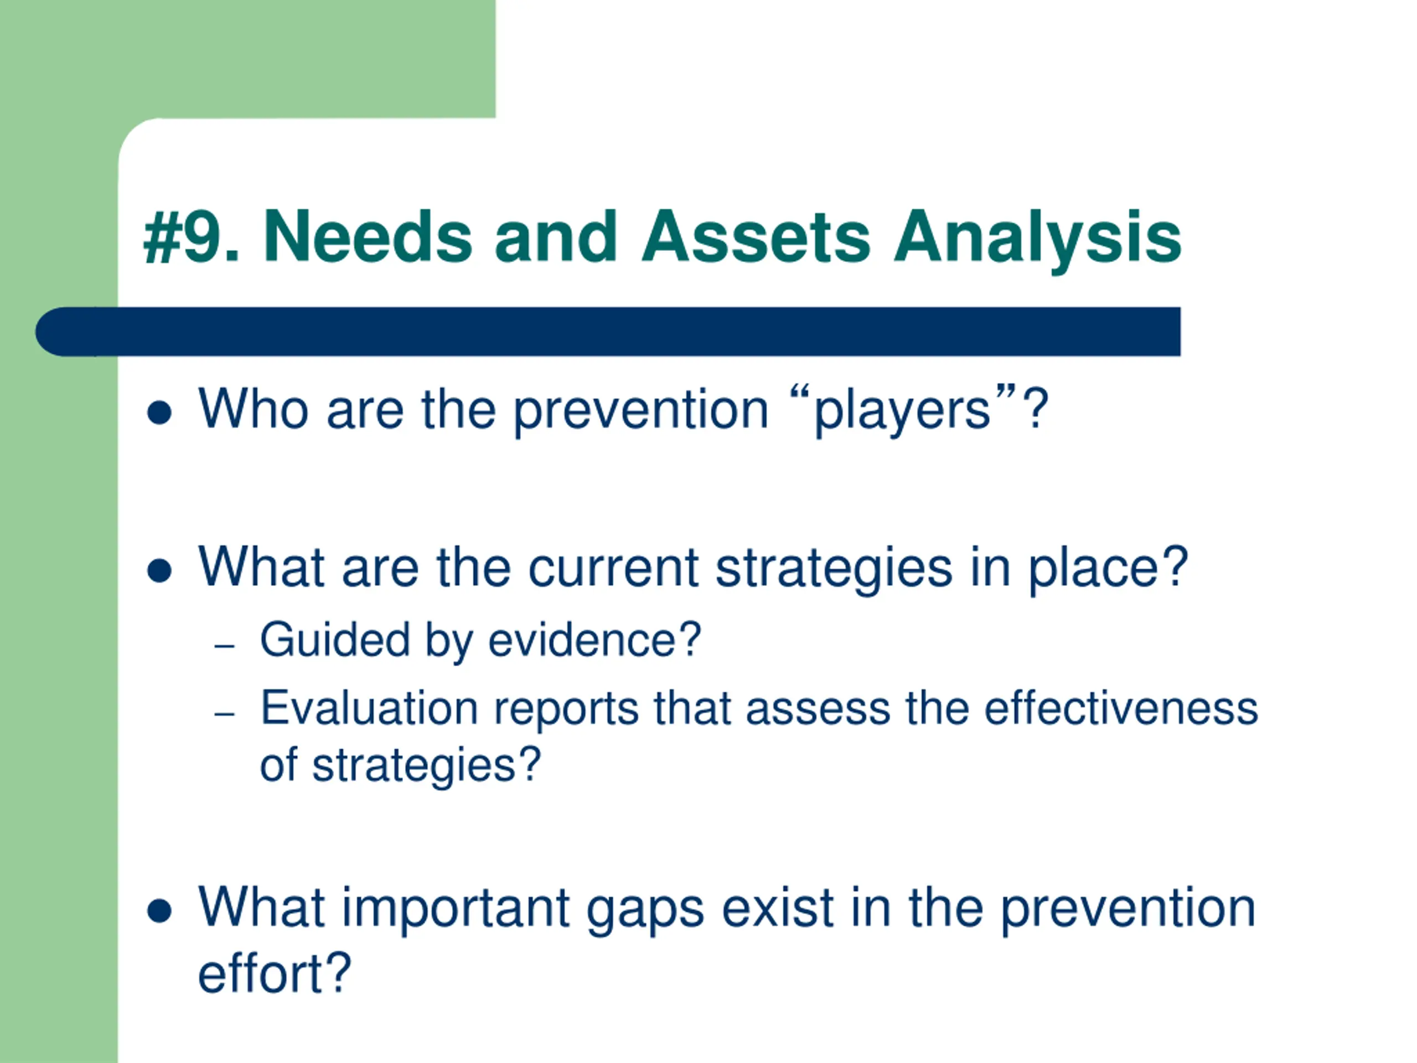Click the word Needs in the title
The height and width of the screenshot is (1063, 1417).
coord(368,236)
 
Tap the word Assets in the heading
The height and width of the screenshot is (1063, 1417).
coord(756,236)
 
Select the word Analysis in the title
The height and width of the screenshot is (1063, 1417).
coord(1037,240)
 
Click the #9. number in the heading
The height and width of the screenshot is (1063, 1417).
coord(192,236)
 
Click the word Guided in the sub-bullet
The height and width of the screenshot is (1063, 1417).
coord(334,639)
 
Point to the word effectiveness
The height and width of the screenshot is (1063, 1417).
coord(1121,708)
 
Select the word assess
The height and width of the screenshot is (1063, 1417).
coord(818,710)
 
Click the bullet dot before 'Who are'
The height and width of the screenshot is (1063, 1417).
coord(159,412)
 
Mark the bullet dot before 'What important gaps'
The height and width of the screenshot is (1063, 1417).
coord(159,911)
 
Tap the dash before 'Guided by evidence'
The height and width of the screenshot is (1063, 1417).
coord(225,646)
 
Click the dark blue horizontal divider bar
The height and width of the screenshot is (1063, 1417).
coord(608,331)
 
